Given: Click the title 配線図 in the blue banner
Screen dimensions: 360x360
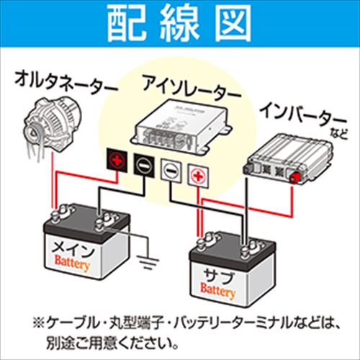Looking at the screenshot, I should pyautogui.click(x=179, y=26).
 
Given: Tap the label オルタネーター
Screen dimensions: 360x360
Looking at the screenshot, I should pyautogui.click(x=65, y=84).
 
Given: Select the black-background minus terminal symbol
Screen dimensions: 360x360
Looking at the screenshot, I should pyautogui.click(x=143, y=166).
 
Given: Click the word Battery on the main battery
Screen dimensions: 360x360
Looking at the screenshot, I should pyautogui.click(x=73, y=267).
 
